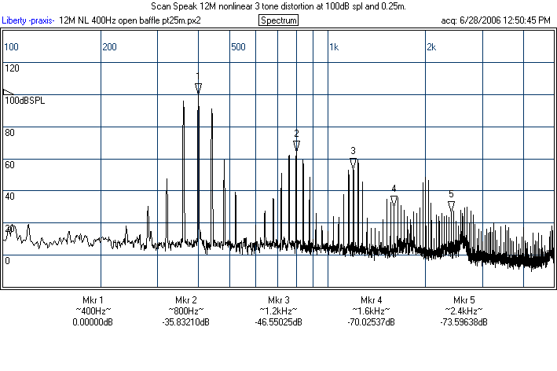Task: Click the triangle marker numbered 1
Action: pyautogui.click(x=198, y=88)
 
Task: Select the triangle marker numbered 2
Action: pyautogui.click(x=296, y=145)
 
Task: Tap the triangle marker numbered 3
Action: pyautogui.click(x=354, y=163)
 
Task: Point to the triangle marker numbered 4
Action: pyautogui.click(x=394, y=200)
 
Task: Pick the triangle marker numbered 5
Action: pyautogui.click(x=451, y=206)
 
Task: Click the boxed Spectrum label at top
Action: pyautogui.click(x=278, y=20)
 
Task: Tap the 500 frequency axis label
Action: pyautogui.click(x=238, y=47)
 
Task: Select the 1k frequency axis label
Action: pyautogui.click(x=334, y=47)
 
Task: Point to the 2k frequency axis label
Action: pyautogui.click(x=431, y=47)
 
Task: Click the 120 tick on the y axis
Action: pyautogui.click(x=12, y=68)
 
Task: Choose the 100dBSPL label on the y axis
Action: pyautogui.click(x=24, y=101)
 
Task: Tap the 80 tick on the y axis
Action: pyautogui.click(x=9, y=133)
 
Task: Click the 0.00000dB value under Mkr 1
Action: pyautogui.click(x=93, y=322)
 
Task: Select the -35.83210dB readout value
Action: pyautogui.click(x=186, y=322)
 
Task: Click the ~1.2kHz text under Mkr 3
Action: pyautogui.click(x=279, y=311)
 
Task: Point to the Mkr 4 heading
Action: pyautogui.click(x=372, y=300)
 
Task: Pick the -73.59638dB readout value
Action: pyautogui.click(x=464, y=322)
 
